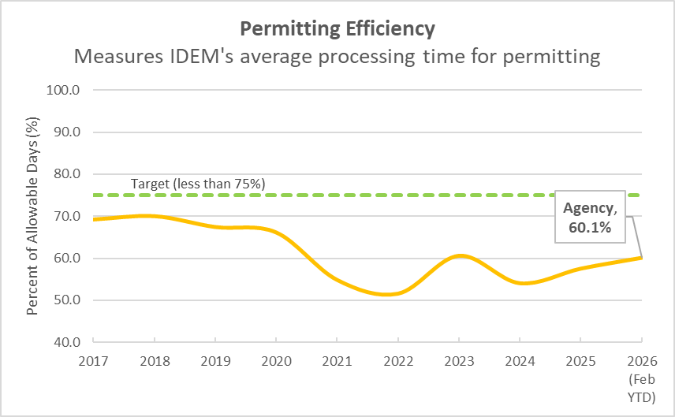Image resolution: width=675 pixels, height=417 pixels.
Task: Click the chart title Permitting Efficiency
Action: click(x=337, y=29)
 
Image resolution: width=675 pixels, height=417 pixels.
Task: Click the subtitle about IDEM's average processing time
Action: click(x=337, y=58)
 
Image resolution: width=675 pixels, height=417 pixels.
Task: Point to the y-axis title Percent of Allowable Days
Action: click(x=33, y=215)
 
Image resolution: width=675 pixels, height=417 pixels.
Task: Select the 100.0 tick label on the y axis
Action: click(x=67, y=90)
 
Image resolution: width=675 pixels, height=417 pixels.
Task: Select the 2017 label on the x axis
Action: click(x=93, y=360)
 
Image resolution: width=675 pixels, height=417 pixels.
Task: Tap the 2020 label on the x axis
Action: click(x=276, y=360)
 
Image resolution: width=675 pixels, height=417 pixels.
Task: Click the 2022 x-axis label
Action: click(x=397, y=360)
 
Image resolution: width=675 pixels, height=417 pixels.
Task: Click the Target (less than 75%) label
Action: click(x=198, y=184)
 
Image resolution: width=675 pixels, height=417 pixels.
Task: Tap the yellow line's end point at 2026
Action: click(x=641, y=258)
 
